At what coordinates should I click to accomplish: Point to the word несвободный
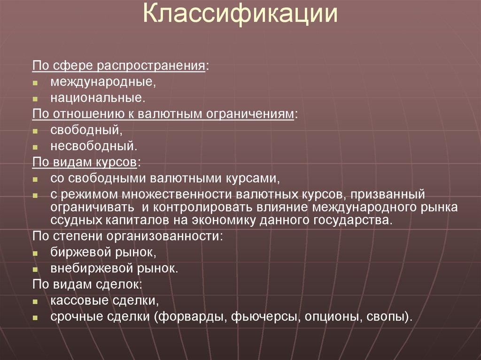[x=94, y=146]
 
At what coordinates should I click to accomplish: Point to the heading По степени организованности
[x=127, y=236]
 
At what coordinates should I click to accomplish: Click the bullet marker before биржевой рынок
[x=35, y=253]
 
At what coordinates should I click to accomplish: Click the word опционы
[x=330, y=316]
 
